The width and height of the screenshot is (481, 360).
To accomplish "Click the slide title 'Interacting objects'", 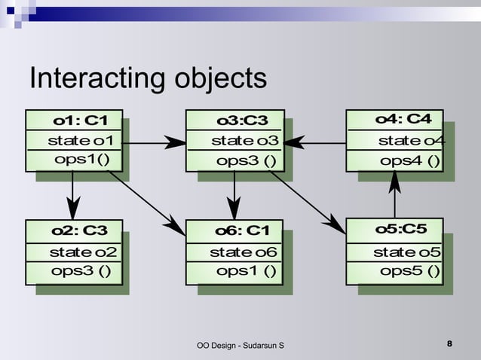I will pyautogui.click(x=147, y=79).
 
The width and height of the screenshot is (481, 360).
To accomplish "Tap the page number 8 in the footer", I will pyautogui.click(x=449, y=344).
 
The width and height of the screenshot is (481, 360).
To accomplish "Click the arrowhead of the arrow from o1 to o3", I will pyautogui.click(x=176, y=142).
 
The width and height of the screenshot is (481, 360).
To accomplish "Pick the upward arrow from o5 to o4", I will pyautogui.click(x=395, y=194).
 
